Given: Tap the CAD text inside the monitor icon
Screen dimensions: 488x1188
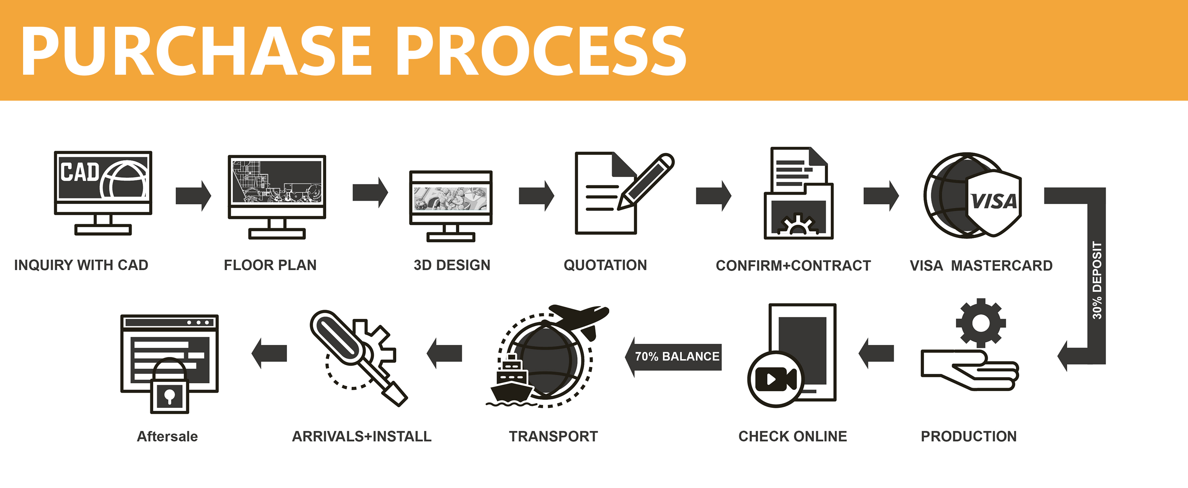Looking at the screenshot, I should pyautogui.click(x=80, y=172).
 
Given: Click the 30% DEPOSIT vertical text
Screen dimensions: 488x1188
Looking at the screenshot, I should pyautogui.click(x=1097, y=280).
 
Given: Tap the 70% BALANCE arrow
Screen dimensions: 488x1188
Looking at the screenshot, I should pyautogui.click(x=675, y=357).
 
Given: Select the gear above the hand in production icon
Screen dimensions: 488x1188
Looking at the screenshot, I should pyautogui.click(x=981, y=323).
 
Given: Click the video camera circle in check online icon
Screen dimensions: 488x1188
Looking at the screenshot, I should pyautogui.click(x=776, y=379).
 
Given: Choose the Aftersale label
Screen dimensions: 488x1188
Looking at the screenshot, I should pyautogui.click(x=167, y=436).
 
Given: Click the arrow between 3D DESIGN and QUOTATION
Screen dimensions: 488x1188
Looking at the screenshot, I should pyautogui.click(x=536, y=196).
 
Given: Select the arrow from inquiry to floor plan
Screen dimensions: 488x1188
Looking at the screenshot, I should pyautogui.click(x=193, y=196).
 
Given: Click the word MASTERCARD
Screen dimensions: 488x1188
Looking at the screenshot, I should pyautogui.click(x=1002, y=265).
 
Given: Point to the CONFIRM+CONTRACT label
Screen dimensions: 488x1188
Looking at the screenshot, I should pyautogui.click(x=793, y=265).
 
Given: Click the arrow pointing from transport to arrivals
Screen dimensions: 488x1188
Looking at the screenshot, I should pyautogui.click(x=444, y=353).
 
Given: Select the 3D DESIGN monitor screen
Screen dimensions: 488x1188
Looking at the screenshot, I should pyautogui.click(x=451, y=198).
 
